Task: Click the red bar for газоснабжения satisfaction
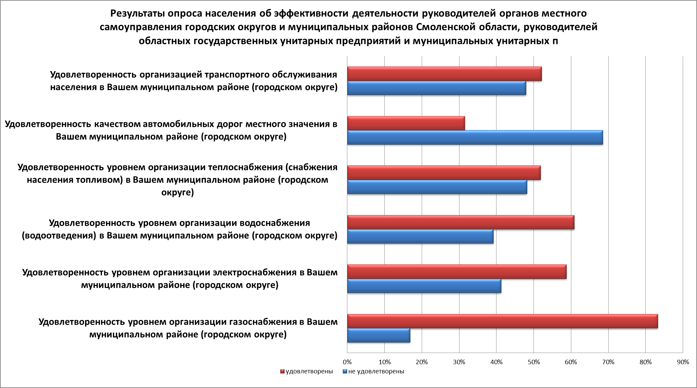point(502,321)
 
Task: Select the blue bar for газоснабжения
point(379,335)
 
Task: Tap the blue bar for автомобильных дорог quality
point(475,137)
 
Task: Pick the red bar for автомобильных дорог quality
point(406,123)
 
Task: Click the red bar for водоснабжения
point(460,222)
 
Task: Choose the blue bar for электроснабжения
point(424,286)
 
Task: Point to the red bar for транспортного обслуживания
point(444,74)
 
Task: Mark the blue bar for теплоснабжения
point(437,187)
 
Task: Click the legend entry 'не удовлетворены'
point(376,371)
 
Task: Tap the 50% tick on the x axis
point(534,362)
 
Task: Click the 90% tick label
point(683,362)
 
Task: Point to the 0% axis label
point(347,362)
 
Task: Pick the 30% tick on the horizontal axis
point(459,362)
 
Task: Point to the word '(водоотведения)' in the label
point(58,236)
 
